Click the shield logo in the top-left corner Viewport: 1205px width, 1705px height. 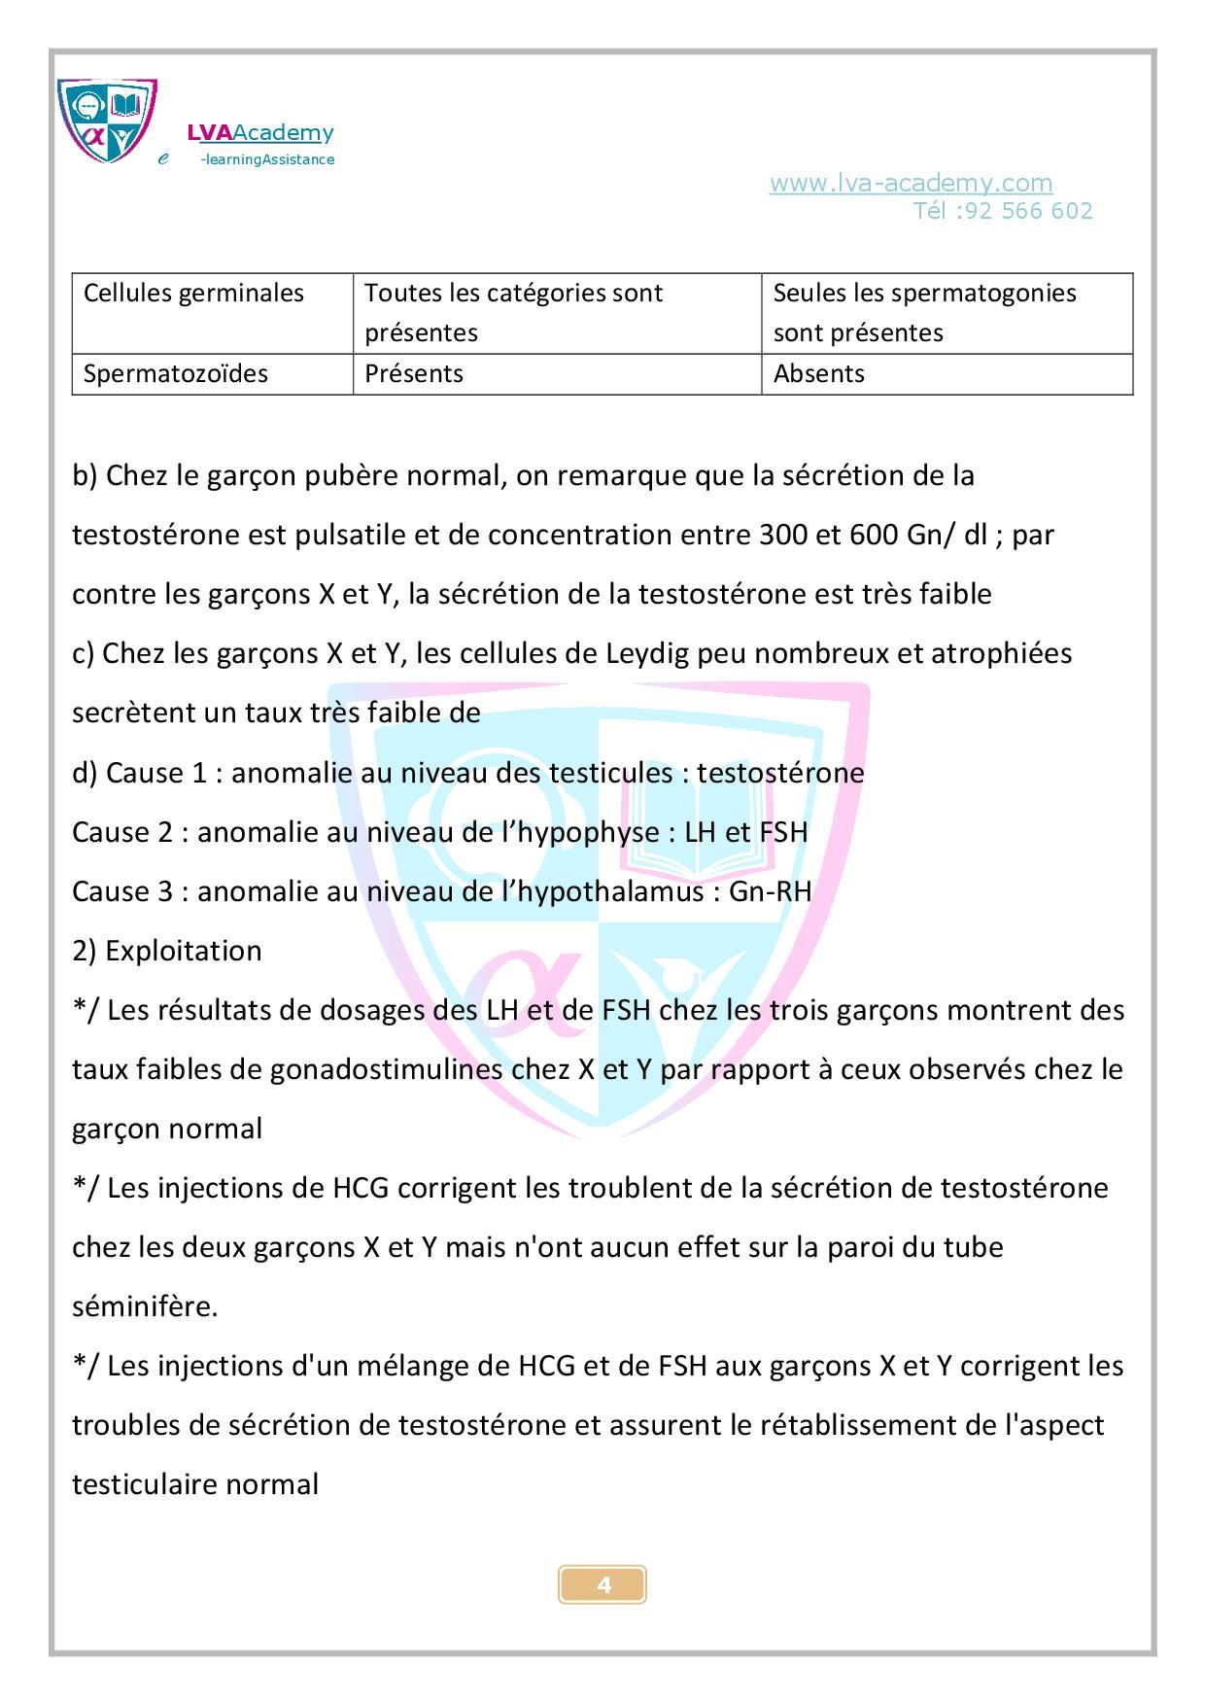pos(107,121)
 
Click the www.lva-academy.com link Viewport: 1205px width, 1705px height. pos(911,183)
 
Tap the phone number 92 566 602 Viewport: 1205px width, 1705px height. pos(1028,211)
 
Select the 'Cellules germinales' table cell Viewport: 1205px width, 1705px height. pos(194,294)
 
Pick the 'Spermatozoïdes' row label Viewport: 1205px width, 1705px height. pos(176,374)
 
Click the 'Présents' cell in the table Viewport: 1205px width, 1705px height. pos(414,374)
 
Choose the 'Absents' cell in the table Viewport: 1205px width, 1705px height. pos(818,374)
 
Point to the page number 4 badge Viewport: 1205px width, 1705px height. pos(602,1585)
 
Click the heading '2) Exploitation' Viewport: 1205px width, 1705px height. pos(167,951)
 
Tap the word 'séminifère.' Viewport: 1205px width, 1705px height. pos(145,1306)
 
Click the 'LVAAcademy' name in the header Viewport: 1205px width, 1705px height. pos(260,133)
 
